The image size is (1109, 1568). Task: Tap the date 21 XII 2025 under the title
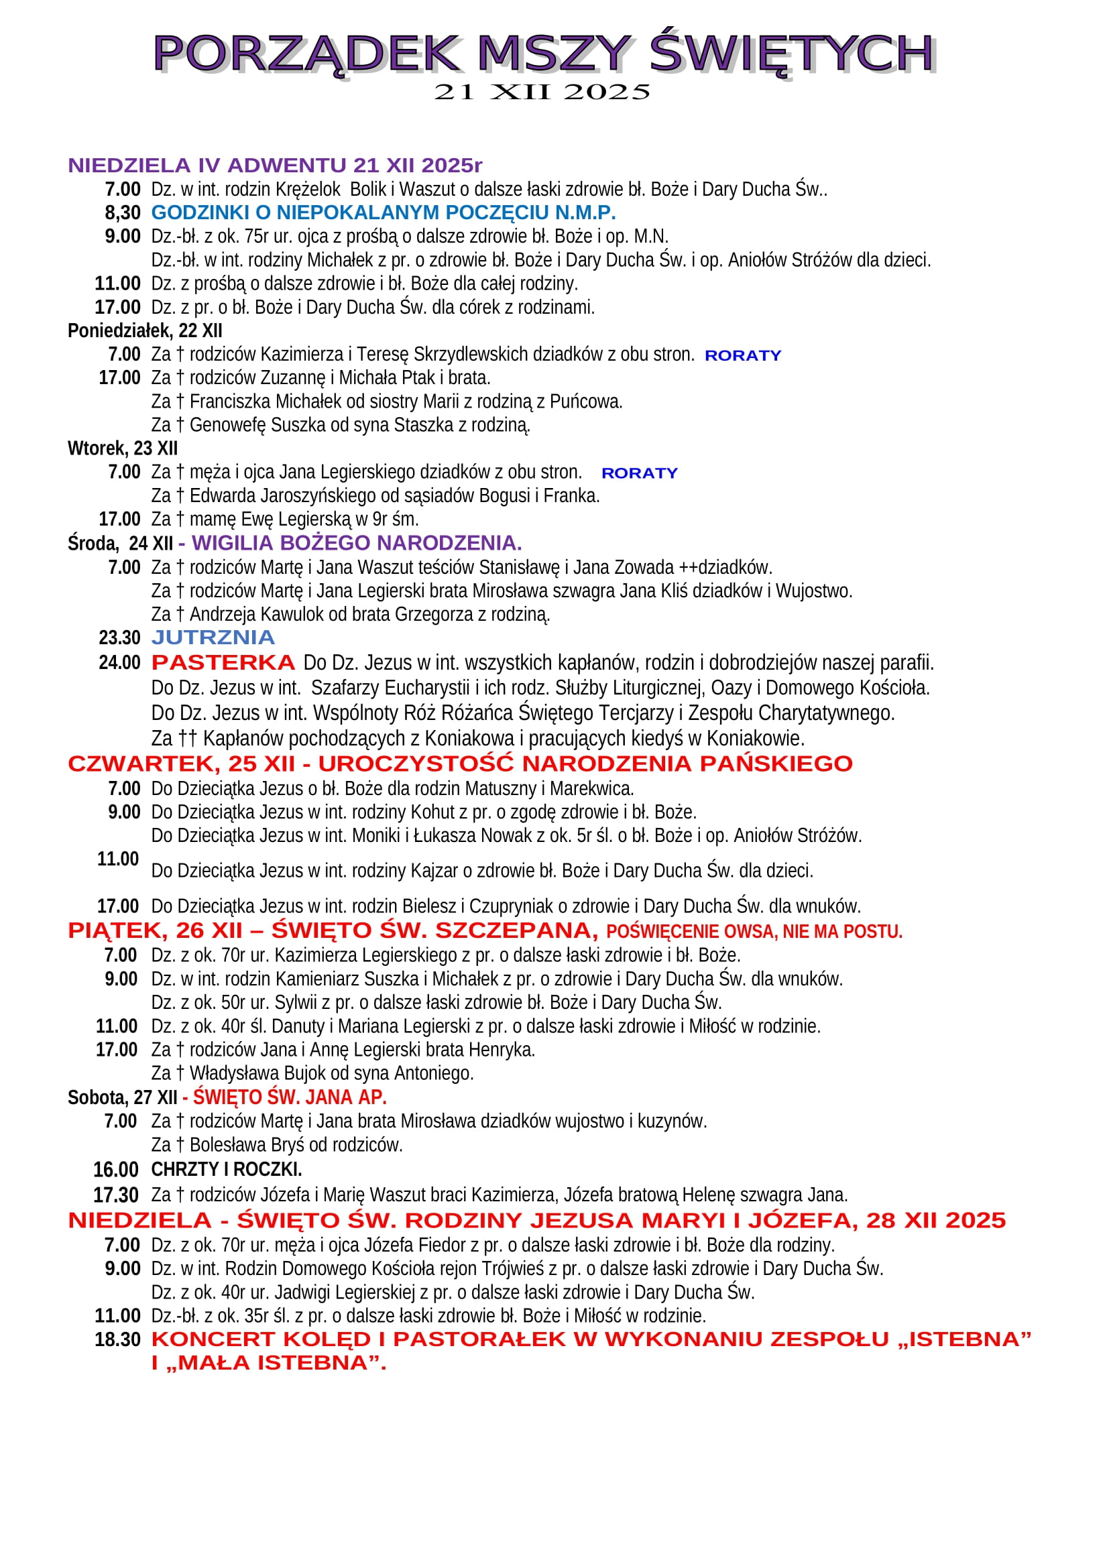click(x=542, y=93)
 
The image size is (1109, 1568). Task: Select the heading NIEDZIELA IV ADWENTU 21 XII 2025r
click(x=274, y=166)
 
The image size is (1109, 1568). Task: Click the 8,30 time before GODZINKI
click(x=122, y=213)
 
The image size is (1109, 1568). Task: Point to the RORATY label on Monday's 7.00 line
click(x=742, y=356)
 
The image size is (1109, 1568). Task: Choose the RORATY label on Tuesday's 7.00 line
click(x=639, y=473)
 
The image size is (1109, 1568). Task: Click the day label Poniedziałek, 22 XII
click(x=145, y=331)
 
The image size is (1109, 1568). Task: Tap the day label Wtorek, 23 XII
click(x=123, y=448)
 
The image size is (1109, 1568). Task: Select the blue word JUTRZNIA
click(x=213, y=638)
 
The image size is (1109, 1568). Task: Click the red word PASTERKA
click(x=223, y=662)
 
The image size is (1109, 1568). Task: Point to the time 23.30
click(x=119, y=638)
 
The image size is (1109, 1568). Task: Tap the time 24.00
click(x=119, y=663)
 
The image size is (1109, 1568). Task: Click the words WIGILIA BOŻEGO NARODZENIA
click(x=357, y=543)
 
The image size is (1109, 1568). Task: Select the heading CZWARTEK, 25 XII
click(x=181, y=764)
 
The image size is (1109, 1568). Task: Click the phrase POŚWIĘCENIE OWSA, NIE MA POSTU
click(x=754, y=932)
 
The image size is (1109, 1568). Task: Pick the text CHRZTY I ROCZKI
click(x=226, y=1169)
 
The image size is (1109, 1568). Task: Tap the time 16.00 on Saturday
click(x=116, y=1170)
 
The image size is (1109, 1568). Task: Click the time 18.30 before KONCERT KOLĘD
click(x=117, y=1339)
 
